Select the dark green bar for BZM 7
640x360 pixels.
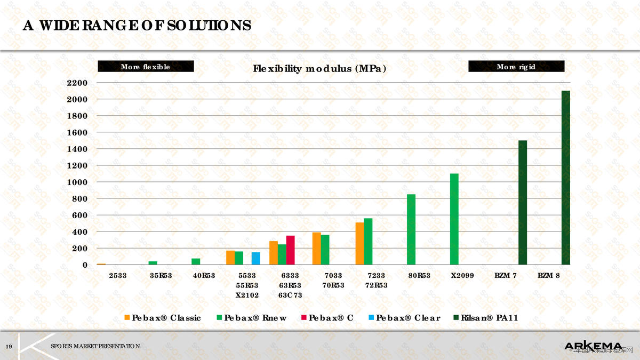tap(523, 203)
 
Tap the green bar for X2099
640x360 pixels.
tap(454, 219)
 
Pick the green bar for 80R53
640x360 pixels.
tap(411, 229)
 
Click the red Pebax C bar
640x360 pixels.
tap(291, 250)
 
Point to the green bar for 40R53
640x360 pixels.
tap(196, 261)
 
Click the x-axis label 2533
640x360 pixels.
tap(117, 276)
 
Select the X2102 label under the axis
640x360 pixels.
tap(247, 295)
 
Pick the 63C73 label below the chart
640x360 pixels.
tap(290, 295)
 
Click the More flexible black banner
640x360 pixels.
tap(146, 67)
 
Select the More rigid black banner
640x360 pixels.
tap(516, 67)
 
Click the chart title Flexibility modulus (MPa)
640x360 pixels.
tap(319, 69)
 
